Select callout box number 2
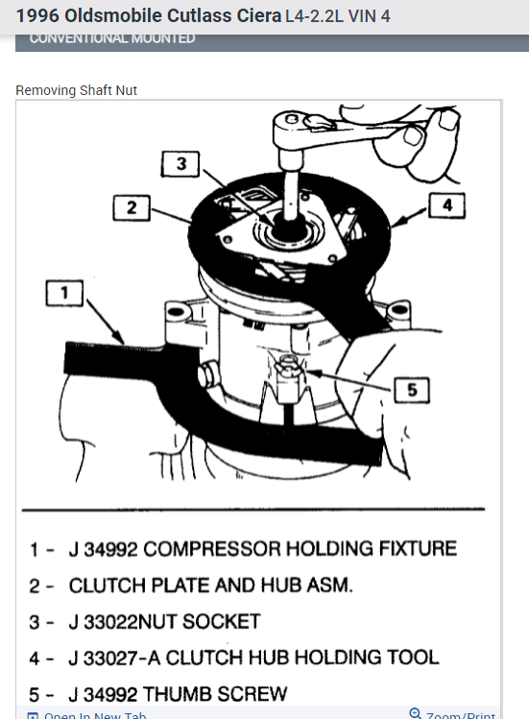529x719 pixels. (132, 206)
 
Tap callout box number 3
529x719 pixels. (181, 164)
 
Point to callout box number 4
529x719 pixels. (446, 205)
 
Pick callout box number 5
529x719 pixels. (411, 390)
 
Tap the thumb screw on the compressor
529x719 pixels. (285, 370)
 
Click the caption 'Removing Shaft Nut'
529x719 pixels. (77, 90)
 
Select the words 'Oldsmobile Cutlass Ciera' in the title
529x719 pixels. (173, 16)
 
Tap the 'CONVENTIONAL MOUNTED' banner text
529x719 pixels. (112, 38)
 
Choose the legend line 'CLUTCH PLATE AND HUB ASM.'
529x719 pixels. (206, 585)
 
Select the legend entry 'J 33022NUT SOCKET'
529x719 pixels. (164, 621)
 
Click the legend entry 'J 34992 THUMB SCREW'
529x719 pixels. (178, 692)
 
